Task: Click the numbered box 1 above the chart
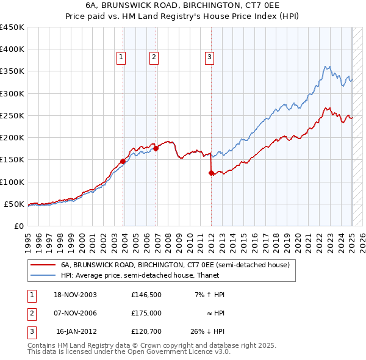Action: click(121, 57)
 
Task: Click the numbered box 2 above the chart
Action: click(154, 57)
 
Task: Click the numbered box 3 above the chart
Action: click(209, 57)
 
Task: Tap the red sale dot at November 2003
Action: click(123, 161)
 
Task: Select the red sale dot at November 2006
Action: click(156, 148)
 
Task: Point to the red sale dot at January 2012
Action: click(212, 173)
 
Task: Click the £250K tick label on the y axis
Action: click(12, 115)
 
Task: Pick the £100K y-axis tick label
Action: click(12, 182)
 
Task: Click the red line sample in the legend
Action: click(43, 265)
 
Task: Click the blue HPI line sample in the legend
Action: click(43, 275)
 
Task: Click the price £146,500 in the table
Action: click(146, 295)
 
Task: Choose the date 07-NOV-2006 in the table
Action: click(75, 313)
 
